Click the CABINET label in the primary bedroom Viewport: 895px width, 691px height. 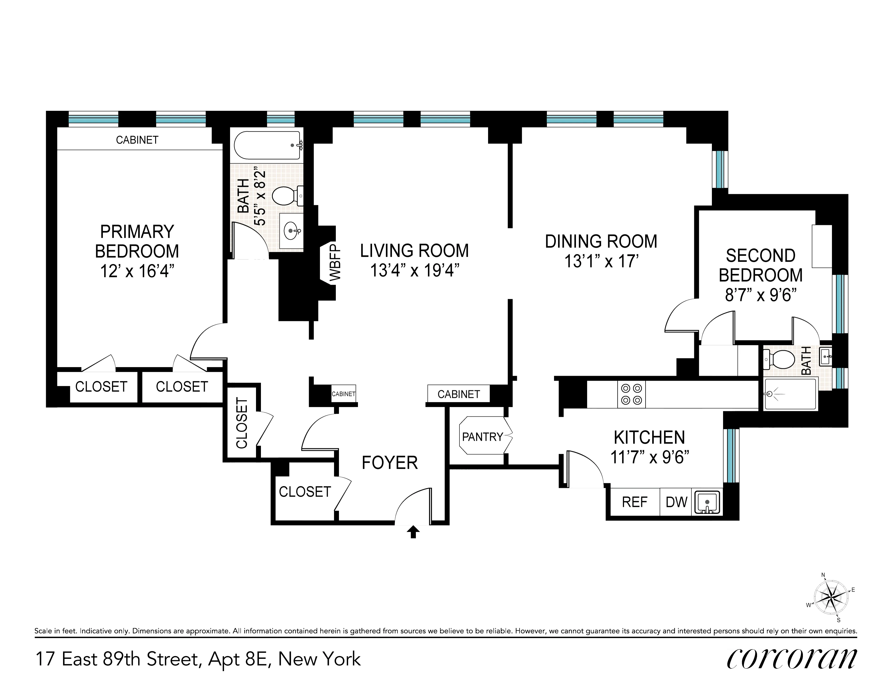137,140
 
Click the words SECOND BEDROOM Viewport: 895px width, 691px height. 761,265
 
